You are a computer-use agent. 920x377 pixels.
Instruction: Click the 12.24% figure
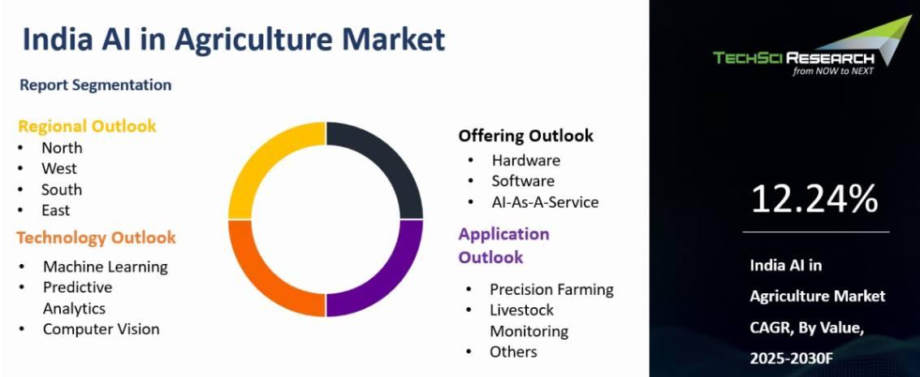pos(814,199)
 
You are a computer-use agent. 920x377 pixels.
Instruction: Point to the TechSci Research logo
pos(812,47)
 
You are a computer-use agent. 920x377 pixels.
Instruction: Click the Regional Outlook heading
pos(88,126)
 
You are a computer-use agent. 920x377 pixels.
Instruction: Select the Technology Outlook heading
pos(97,238)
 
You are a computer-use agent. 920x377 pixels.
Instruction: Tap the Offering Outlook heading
pos(525,136)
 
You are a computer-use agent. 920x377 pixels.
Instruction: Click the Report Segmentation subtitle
pos(96,85)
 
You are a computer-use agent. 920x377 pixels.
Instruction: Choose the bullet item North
pos(62,148)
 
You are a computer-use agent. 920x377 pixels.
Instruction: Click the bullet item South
pos(62,189)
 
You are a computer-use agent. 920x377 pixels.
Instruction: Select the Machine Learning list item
pos(106,267)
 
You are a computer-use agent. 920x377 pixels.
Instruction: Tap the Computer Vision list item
pos(101,329)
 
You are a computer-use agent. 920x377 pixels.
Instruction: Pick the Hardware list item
pos(525,160)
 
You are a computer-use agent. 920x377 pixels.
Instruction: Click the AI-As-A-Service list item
pos(545,202)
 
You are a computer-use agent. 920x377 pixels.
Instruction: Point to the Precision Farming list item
pos(551,289)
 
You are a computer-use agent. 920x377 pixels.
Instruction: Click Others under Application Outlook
pos(513,352)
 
